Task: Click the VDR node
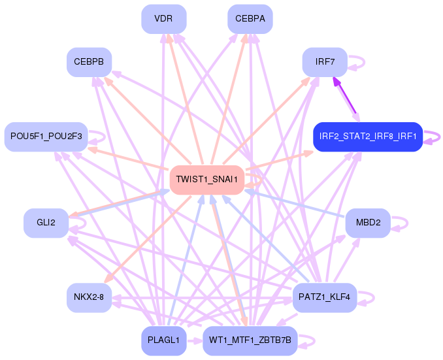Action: (164, 19)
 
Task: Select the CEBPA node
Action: (250, 19)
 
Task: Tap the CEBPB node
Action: (89, 62)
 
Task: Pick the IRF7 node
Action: (325, 62)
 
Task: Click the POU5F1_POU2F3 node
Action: (46, 137)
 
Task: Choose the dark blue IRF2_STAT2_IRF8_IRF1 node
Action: (368, 137)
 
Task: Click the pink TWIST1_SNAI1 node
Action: (207, 180)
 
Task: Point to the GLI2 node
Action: (46, 223)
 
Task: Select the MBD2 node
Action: (368, 223)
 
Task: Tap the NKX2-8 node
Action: (89, 297)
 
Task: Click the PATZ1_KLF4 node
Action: (325, 297)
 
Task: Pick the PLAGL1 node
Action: (164, 340)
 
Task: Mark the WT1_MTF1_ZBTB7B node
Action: (250, 340)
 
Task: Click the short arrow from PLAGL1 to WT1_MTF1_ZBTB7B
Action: (195, 341)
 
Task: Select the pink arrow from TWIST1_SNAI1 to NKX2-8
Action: (148, 239)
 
